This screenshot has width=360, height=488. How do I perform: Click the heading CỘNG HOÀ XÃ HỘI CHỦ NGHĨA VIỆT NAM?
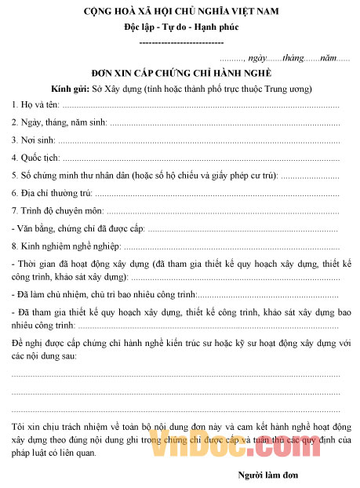coord(180,12)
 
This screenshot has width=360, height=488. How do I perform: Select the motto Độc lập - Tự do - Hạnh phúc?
coord(180,27)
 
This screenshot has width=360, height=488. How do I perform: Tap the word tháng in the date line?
coord(292,58)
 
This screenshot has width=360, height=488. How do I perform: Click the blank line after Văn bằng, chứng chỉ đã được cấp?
coord(244,228)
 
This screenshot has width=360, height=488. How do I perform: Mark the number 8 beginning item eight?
coord(14,246)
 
